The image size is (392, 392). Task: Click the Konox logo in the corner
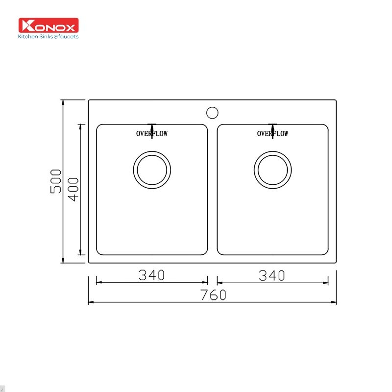(49, 25)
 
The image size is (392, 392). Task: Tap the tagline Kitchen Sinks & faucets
(49, 36)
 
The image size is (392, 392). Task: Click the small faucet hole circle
(212, 113)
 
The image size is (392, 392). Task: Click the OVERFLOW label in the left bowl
(152, 134)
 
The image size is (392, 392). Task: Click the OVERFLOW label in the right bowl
(273, 134)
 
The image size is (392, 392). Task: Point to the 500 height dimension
(56, 181)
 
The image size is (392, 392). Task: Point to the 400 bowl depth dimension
(73, 189)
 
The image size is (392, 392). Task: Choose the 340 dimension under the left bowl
(151, 276)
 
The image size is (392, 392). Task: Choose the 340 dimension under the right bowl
(271, 276)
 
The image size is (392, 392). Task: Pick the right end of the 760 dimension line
(336, 303)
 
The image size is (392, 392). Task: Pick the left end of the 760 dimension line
(89, 303)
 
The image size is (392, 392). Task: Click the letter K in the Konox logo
(25, 25)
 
